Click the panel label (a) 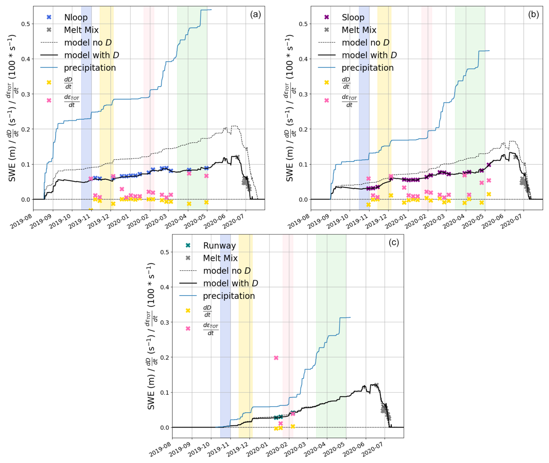click(x=255, y=15)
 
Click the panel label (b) click(x=533, y=15)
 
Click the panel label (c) click(x=394, y=242)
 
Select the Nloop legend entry click(x=76, y=17)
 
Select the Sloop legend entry click(x=353, y=17)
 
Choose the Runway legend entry click(x=219, y=246)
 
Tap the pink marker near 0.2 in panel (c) click(x=276, y=358)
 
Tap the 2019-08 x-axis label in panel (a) click(x=21, y=221)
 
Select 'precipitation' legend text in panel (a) click(x=90, y=68)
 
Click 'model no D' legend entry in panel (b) click(x=365, y=43)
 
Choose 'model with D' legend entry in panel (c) click(x=230, y=283)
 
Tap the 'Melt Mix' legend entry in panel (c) click(x=220, y=258)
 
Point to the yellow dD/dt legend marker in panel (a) click(x=49, y=82)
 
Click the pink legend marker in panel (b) click(x=326, y=100)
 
